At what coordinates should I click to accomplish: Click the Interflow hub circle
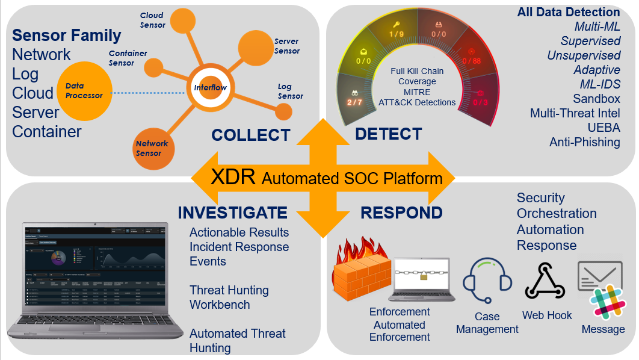click(x=211, y=88)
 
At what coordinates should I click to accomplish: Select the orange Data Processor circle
click(x=84, y=91)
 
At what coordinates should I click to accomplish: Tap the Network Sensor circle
click(x=152, y=148)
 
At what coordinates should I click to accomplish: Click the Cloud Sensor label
click(x=152, y=20)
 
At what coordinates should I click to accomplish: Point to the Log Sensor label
click(x=290, y=92)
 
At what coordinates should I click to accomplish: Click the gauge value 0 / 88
click(x=472, y=61)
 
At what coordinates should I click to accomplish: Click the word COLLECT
click(x=250, y=135)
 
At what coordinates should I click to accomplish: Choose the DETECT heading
click(x=388, y=134)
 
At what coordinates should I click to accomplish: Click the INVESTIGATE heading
click(x=232, y=213)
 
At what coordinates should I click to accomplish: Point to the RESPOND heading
click(x=401, y=213)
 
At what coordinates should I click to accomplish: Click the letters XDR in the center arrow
click(x=233, y=178)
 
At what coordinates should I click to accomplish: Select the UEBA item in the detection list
click(x=603, y=128)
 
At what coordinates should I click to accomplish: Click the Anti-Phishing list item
click(x=584, y=142)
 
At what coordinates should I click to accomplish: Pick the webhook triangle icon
click(x=545, y=281)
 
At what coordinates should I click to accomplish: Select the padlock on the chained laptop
click(x=424, y=276)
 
